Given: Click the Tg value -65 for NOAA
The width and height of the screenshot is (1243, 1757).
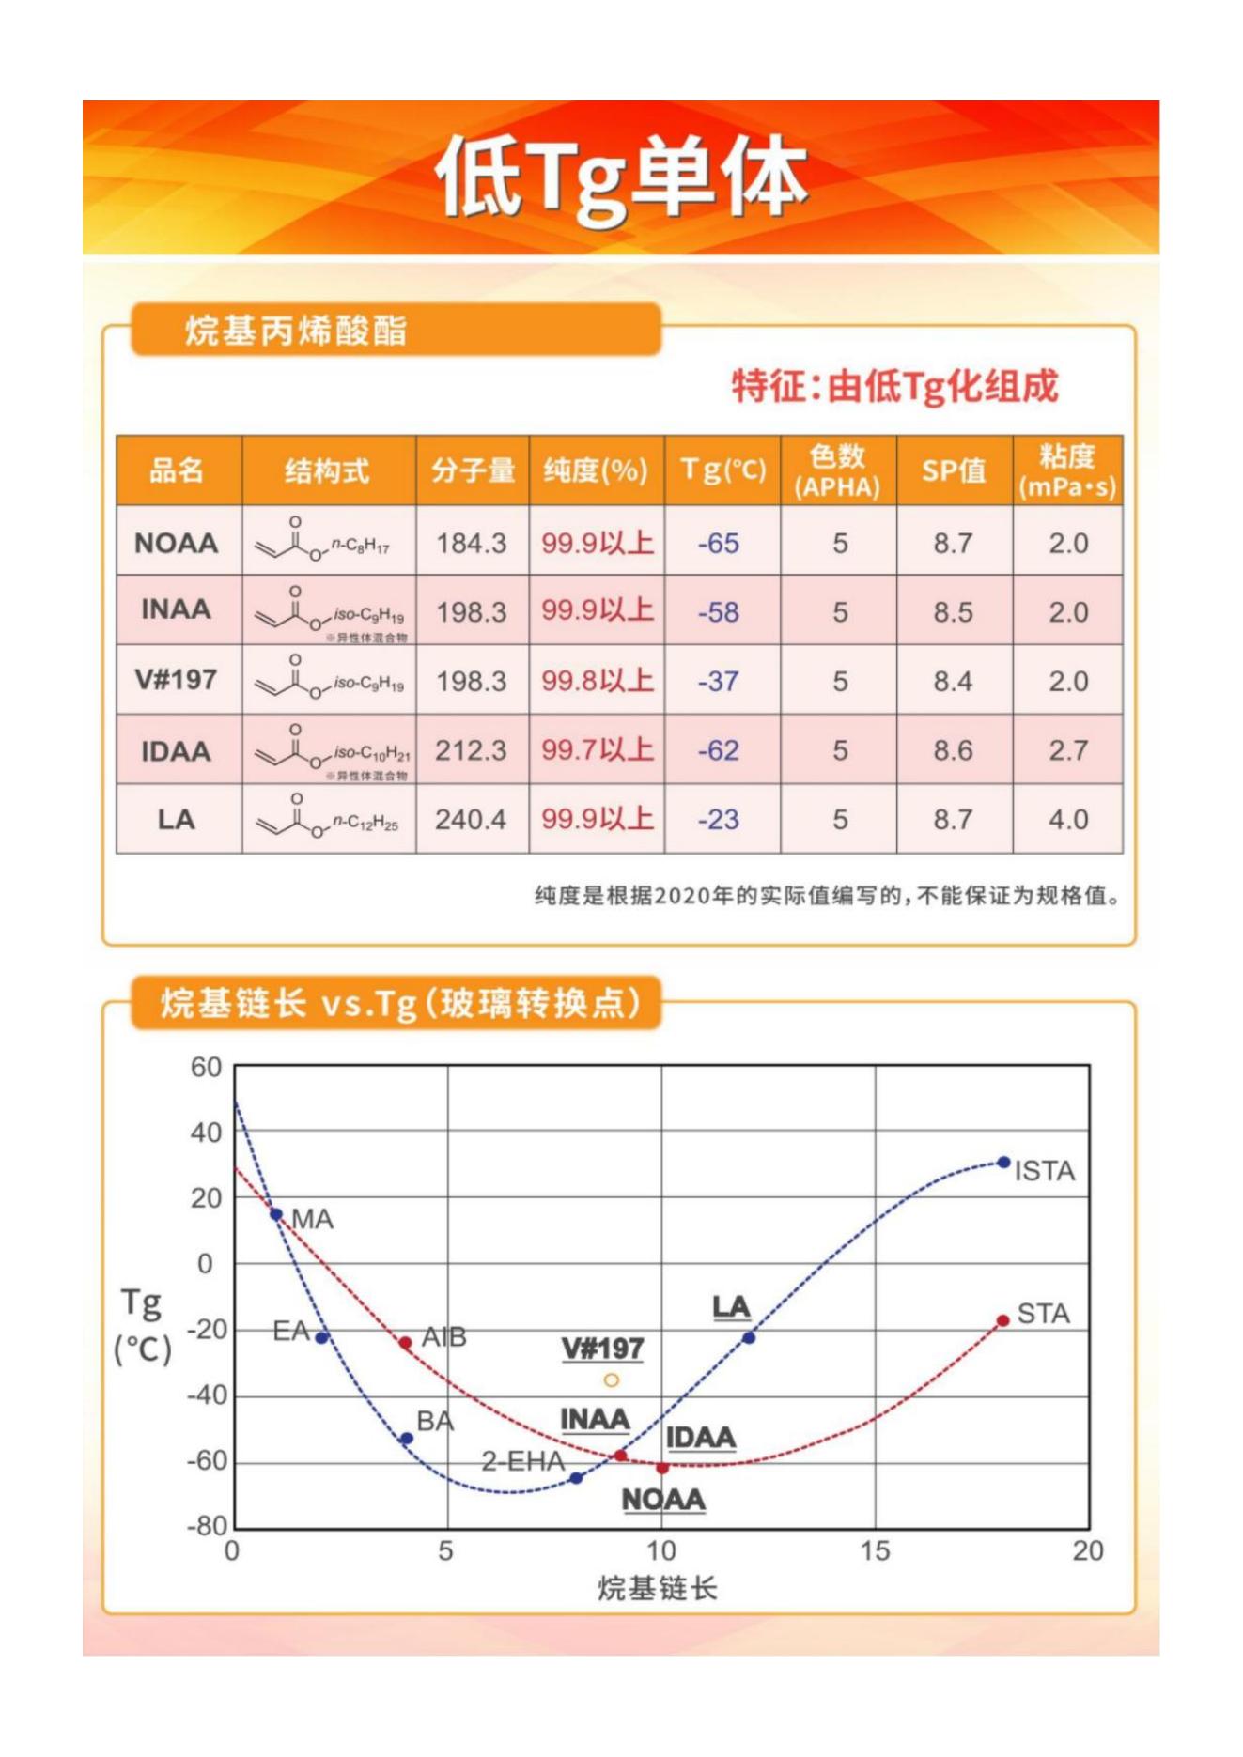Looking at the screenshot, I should tap(719, 544).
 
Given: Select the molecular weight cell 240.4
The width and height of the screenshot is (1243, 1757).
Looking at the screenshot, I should tap(471, 820).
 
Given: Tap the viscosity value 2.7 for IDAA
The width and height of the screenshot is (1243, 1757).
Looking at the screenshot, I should tap(1068, 750).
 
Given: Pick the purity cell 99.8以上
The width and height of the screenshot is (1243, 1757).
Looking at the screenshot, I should tap(597, 680).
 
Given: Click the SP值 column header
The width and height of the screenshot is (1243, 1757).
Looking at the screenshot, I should tap(954, 470).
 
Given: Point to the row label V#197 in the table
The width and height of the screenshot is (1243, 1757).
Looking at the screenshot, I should tap(177, 679).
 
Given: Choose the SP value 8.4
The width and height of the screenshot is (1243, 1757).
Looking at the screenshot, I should tap(953, 681).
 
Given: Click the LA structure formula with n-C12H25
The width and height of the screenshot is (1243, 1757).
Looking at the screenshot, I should tap(328, 819).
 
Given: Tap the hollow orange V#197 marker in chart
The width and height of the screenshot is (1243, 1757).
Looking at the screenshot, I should tap(612, 1379).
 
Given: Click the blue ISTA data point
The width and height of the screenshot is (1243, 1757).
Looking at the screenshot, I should tap(1003, 1163).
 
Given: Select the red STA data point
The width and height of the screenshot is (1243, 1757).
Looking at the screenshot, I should tap(1002, 1320).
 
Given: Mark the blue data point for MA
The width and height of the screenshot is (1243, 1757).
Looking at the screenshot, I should tap(276, 1214).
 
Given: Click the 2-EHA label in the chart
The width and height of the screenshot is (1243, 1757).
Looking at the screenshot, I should tap(523, 1460).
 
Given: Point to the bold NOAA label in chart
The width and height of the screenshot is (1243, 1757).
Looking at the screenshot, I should tap(663, 1500).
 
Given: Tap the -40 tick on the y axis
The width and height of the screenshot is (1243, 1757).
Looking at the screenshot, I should tap(206, 1395).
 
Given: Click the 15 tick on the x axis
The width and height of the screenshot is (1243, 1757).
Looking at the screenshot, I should tap(875, 1550).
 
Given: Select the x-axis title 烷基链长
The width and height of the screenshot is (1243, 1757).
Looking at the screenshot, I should tap(658, 1588).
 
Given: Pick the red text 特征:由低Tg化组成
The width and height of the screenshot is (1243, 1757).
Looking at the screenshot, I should tap(894, 386).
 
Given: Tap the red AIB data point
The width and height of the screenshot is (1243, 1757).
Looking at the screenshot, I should tap(406, 1343).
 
